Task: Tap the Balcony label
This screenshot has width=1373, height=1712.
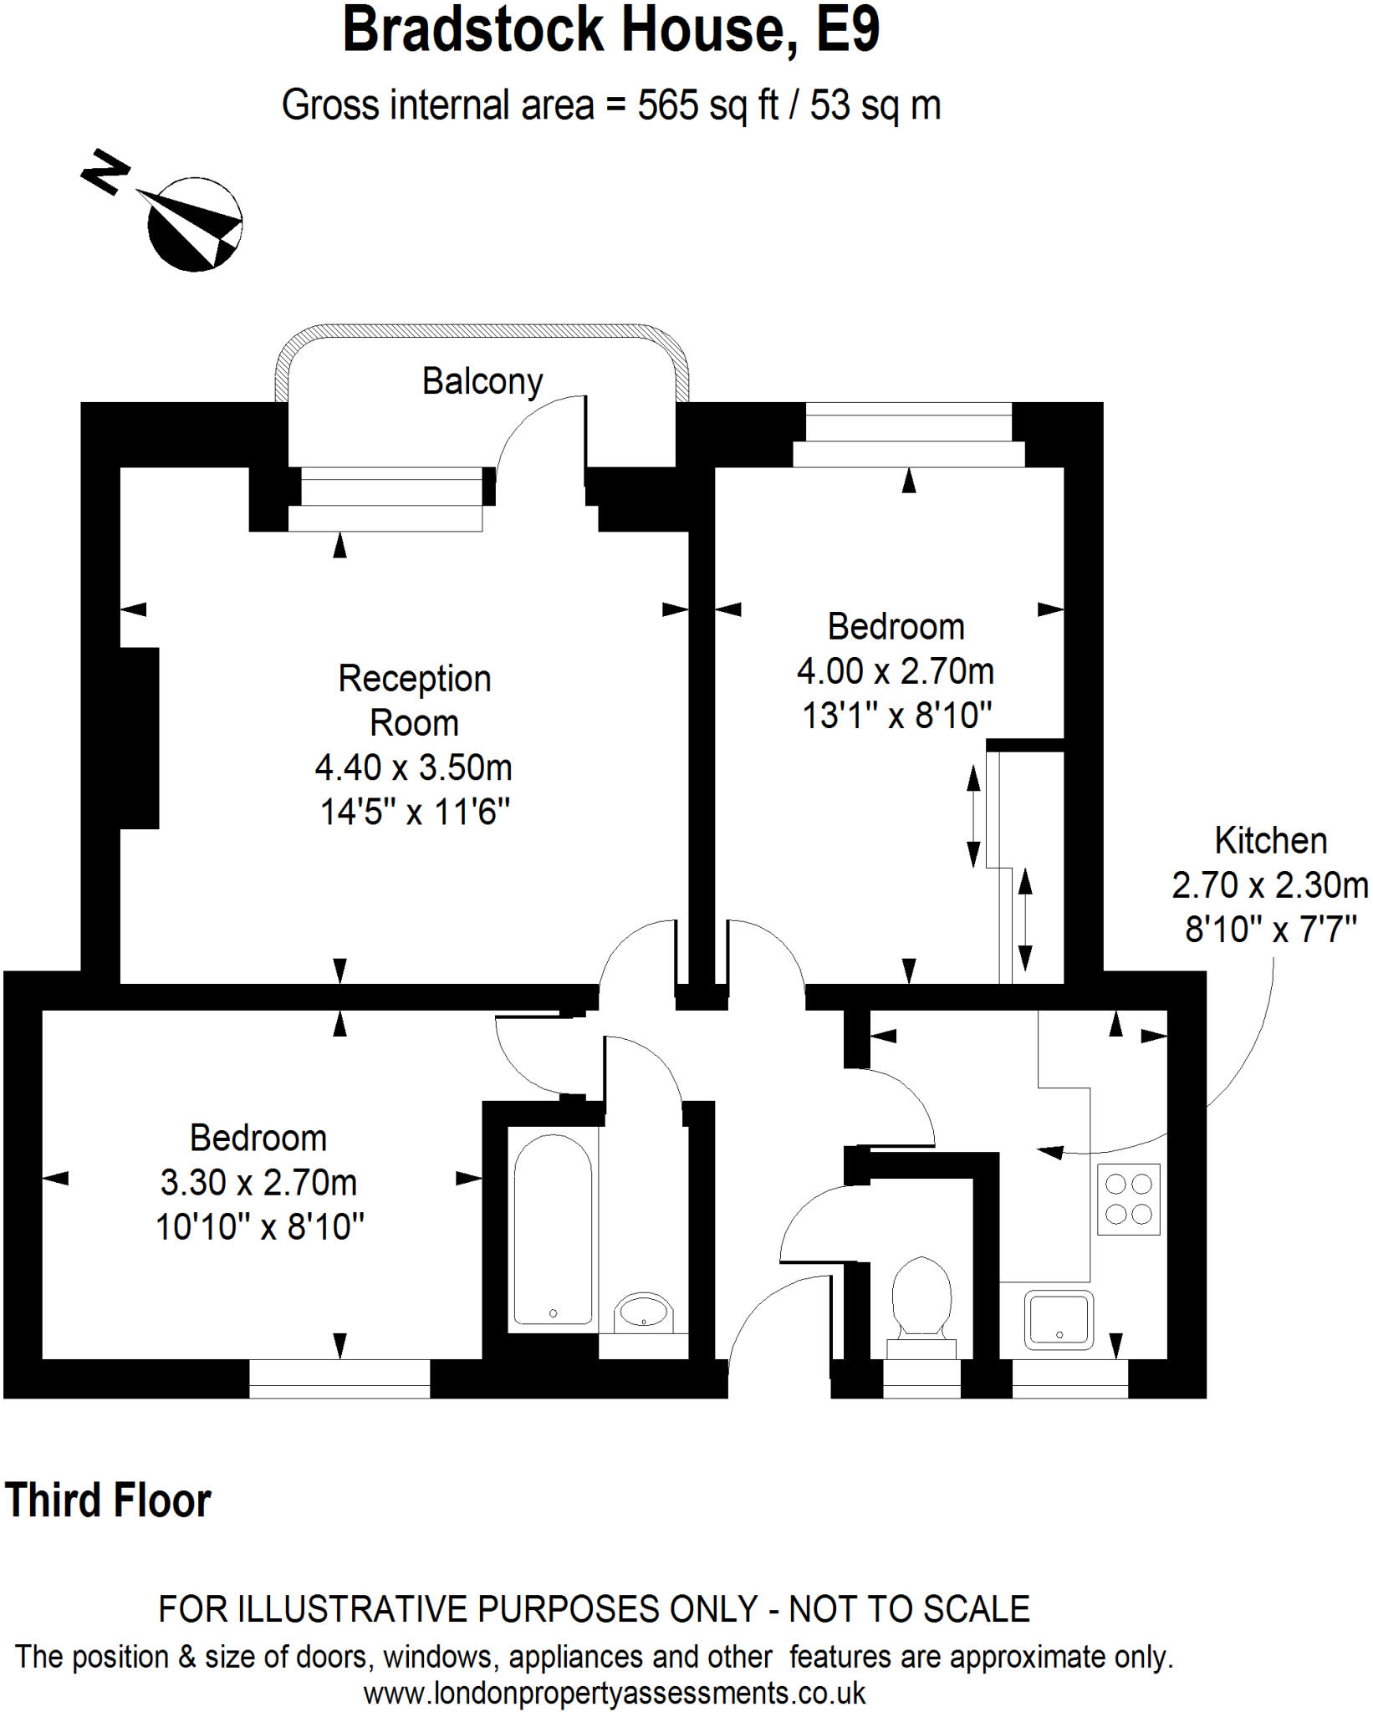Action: pos(482,382)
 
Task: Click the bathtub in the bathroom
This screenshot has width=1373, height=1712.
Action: pos(553,1229)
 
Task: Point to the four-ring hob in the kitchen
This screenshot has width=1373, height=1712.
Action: pos(1129,1199)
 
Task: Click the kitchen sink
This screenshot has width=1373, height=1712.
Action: pos(1059,1320)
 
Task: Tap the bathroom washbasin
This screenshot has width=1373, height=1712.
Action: pos(643,1312)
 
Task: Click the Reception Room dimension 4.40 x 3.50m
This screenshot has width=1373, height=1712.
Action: pos(414,767)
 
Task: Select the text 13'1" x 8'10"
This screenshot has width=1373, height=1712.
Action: pos(896,716)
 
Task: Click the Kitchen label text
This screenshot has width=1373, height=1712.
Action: pos(1270,841)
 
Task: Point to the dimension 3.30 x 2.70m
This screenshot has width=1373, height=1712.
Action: pos(258,1183)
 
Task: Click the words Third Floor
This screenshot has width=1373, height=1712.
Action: pos(109,1501)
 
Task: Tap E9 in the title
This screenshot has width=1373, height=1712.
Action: pos(848,30)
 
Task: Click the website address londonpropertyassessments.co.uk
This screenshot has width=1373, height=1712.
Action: pos(615,1693)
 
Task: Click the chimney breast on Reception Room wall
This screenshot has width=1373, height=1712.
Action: pos(139,738)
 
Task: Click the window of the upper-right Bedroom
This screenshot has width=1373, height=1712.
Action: pos(909,434)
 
